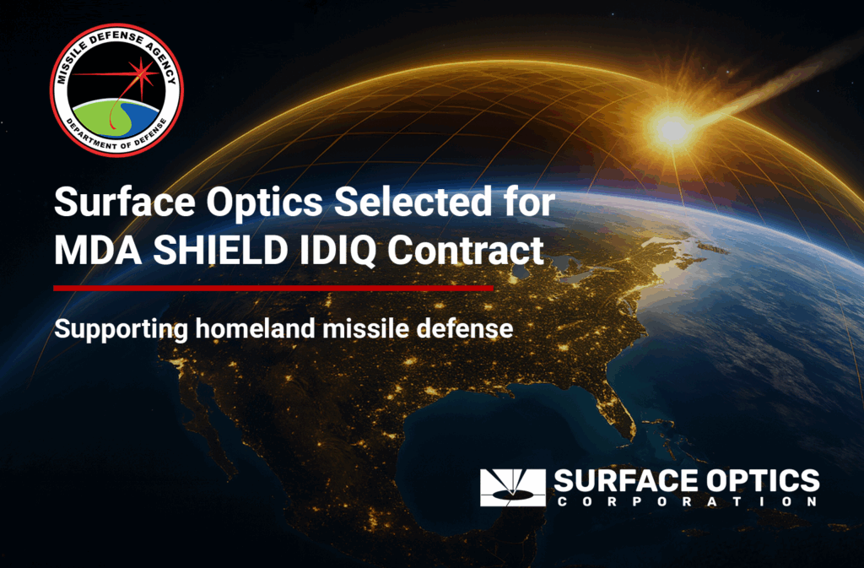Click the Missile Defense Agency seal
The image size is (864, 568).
coord(116,89)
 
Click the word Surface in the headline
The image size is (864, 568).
coord(125,202)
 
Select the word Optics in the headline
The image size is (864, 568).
coord(264,203)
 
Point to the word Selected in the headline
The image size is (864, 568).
coord(413,202)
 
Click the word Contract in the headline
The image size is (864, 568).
coord(466,250)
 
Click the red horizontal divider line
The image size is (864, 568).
coord(273,288)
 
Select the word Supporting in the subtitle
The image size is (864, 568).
coord(121,329)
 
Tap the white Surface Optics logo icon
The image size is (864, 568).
coord(512,488)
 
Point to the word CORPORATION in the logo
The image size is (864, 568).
coord(687,502)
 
